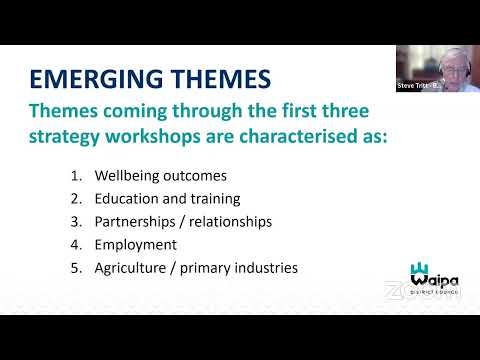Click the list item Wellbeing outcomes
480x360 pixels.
coord(174,175)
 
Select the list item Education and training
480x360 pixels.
coord(181,198)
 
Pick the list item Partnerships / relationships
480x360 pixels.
coord(197,221)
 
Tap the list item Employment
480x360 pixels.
coord(149,244)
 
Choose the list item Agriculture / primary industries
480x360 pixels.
coord(210,267)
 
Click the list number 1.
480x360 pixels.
coord(103,175)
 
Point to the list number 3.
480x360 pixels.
coord(103,221)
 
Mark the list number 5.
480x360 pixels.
coord(103,267)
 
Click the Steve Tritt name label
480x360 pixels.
coord(417,86)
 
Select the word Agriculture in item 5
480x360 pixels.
coord(158,267)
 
